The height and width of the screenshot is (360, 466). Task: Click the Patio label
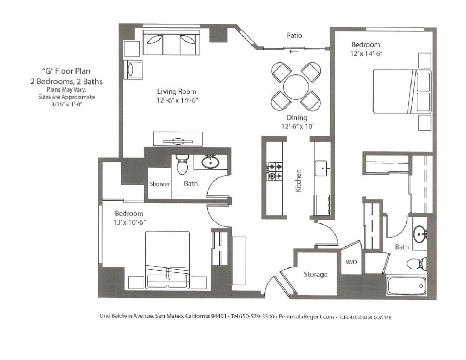[x=294, y=35]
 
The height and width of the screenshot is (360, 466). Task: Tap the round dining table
[x=296, y=87]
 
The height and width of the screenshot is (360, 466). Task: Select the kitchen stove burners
[x=275, y=171]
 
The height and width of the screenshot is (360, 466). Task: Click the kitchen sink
[x=321, y=168]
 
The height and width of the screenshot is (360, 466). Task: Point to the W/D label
[x=351, y=262]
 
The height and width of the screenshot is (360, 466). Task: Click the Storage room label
[x=315, y=274]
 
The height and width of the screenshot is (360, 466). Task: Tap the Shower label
[x=160, y=184]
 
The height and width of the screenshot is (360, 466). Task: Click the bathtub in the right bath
[x=407, y=286]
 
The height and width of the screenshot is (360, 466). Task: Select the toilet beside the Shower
[x=182, y=164]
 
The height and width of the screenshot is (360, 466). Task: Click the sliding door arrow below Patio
[x=294, y=52]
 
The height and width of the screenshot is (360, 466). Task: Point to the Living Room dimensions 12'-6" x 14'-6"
[x=177, y=100]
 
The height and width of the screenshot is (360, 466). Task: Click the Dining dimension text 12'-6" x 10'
[x=298, y=126]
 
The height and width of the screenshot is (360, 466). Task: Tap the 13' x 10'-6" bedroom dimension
[x=130, y=222]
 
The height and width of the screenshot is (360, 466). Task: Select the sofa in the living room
[x=171, y=42]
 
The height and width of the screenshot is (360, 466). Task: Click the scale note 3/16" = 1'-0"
[x=67, y=105]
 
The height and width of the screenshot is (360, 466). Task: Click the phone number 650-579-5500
[x=257, y=316]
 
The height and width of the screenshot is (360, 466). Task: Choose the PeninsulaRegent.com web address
[x=306, y=317]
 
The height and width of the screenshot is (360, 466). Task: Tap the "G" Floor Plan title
[x=67, y=71]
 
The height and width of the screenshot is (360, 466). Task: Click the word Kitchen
[x=298, y=181]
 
